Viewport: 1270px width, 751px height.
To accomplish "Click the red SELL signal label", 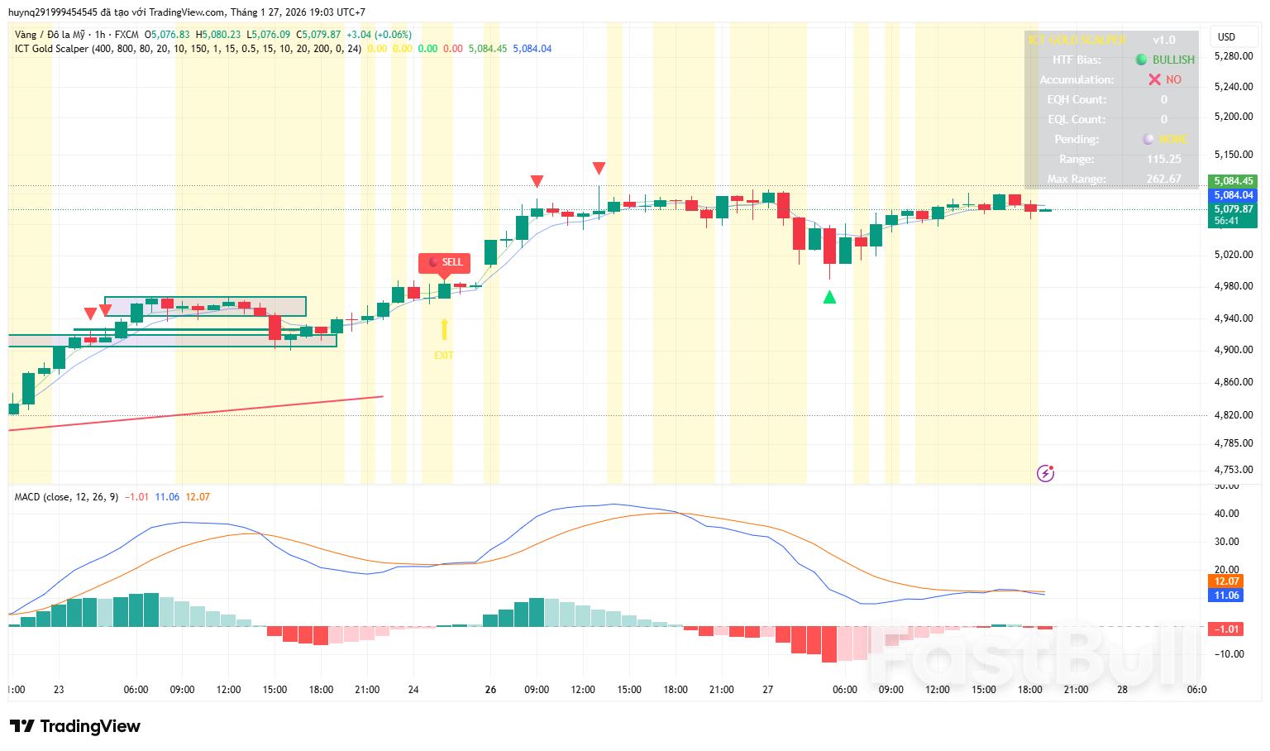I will tap(445, 262).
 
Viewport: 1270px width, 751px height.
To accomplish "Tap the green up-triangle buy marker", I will tap(829, 297).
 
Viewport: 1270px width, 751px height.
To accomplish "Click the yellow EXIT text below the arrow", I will tap(444, 356).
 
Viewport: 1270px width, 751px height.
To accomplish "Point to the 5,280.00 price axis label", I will tap(1233, 56).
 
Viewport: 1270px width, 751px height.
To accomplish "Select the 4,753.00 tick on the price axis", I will tap(1233, 470).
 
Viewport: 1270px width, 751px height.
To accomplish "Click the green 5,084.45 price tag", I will tap(1233, 181).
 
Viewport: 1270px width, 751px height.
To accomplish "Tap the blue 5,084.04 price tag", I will tap(1233, 195).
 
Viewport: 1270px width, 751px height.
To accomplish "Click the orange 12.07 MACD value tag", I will tap(1226, 581).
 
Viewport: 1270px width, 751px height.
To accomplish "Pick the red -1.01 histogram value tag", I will tap(1226, 629).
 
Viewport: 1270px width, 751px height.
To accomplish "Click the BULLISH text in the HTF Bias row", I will tap(1173, 60).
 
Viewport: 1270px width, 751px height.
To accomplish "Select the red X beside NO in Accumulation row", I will tap(1154, 79).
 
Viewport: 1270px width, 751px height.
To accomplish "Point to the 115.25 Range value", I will tap(1163, 159).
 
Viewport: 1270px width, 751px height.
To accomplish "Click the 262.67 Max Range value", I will tap(1163, 179).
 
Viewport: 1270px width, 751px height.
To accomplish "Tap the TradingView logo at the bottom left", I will tap(75, 726).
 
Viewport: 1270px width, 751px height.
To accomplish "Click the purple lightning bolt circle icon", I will tap(1045, 473).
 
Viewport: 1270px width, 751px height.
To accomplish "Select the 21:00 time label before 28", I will tap(1076, 689).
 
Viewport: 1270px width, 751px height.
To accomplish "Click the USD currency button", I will tap(1226, 36).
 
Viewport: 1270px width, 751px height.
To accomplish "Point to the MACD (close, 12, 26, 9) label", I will tap(66, 497).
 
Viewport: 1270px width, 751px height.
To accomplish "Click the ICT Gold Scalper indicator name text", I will tap(51, 49).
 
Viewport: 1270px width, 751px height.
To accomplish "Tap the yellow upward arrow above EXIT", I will tap(444, 330).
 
